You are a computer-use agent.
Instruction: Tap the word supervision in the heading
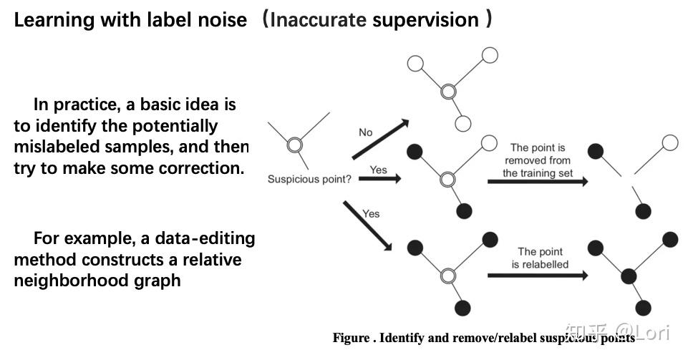pos(425,19)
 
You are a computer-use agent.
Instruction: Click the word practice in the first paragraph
pos(91,104)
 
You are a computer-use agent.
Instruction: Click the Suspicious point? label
pos(309,179)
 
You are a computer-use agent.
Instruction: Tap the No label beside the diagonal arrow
pos(366,132)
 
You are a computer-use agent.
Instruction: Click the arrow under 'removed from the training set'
pos(538,182)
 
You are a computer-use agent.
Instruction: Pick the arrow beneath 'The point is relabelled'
pos(538,275)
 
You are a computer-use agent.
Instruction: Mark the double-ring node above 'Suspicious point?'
pos(294,145)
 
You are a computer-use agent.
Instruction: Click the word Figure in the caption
pos(351,338)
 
